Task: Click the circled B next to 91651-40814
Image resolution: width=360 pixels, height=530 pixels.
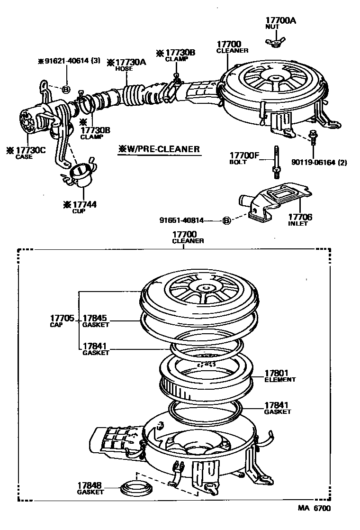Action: coord(226,220)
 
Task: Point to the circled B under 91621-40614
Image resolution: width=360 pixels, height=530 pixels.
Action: coord(66,89)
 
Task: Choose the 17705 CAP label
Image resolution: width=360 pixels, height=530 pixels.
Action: coord(62,320)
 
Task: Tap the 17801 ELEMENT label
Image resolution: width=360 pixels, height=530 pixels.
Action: coord(279,376)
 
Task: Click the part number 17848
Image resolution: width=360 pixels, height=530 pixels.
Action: coord(90,485)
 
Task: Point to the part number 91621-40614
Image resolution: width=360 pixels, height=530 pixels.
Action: coord(69,61)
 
